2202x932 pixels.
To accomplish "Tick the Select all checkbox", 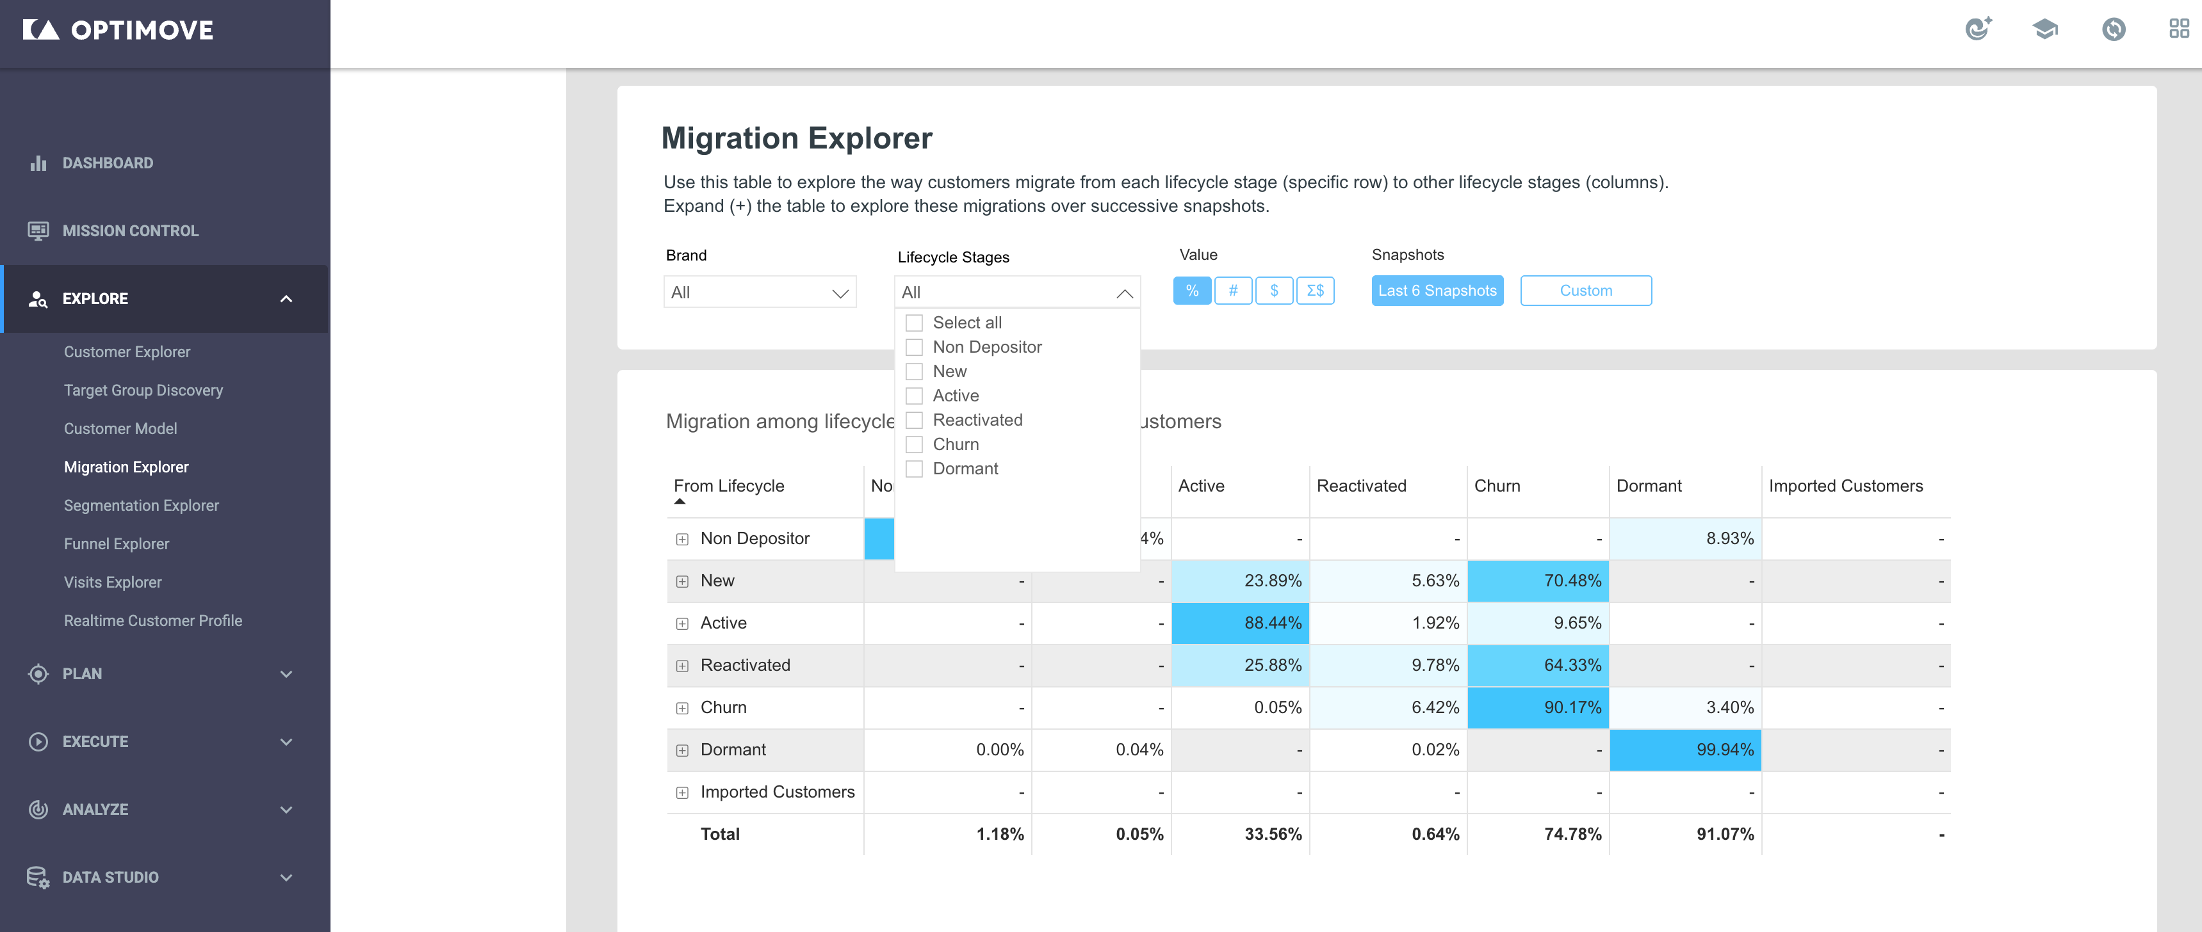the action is click(x=914, y=323).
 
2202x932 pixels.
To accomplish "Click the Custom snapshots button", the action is click(x=1586, y=291).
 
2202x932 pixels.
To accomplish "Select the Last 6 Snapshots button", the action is click(x=1437, y=291).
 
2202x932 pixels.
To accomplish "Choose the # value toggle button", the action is click(x=1233, y=291).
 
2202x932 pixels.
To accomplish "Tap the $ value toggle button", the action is click(x=1274, y=291).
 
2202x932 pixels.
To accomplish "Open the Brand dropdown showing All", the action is click(x=759, y=292).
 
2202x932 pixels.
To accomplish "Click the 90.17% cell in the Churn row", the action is click(x=1538, y=707).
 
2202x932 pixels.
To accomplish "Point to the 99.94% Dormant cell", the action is click(x=1685, y=749).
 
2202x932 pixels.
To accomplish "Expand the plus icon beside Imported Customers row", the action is click(x=682, y=792).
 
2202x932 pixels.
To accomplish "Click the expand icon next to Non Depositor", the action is click(x=682, y=539).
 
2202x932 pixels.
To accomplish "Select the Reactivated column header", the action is click(x=1361, y=486).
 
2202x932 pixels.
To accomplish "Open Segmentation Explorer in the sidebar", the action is click(x=141, y=506).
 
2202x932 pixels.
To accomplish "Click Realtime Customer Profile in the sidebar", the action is click(x=153, y=621).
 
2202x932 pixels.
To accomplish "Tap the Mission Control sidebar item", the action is click(x=130, y=230).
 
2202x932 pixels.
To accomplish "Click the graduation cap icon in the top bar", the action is click(x=2044, y=29).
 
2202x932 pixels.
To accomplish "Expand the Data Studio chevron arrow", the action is click(x=286, y=878).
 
